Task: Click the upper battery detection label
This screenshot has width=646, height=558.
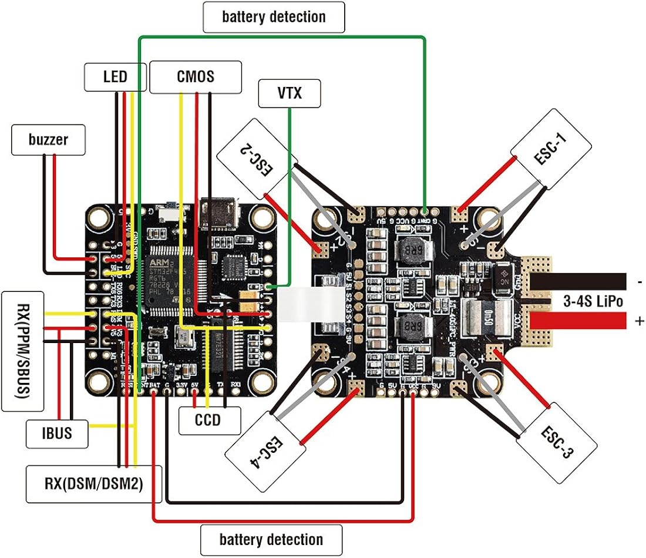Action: [x=274, y=16]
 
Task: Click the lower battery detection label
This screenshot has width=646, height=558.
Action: [x=271, y=539]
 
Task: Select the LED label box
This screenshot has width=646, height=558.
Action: [x=115, y=77]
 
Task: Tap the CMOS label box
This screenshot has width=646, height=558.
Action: [x=196, y=76]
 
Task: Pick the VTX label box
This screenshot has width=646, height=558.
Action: [x=290, y=93]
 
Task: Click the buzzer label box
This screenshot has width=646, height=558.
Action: [x=48, y=140]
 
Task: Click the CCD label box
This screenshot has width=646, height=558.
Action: [x=209, y=420]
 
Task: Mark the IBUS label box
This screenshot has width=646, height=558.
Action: [x=57, y=434]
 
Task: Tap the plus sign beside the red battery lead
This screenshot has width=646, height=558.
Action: [x=639, y=321]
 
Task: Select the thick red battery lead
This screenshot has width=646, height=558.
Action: [x=587, y=321]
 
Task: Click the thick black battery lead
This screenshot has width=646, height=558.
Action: [x=587, y=281]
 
